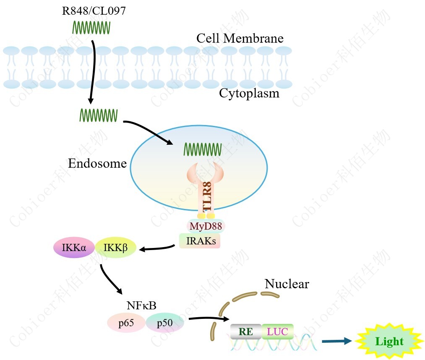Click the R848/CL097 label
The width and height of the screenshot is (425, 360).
[94, 10]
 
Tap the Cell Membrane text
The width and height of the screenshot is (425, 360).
[240, 39]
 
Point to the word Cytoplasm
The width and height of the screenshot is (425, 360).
[249, 93]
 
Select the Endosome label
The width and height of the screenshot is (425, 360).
[97, 163]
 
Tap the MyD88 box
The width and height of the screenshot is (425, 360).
[206, 227]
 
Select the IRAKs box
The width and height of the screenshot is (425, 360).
[200, 241]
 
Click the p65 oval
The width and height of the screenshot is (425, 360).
[126, 323]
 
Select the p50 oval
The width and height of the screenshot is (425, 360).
[165, 323]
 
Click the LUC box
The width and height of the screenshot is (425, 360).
[277, 331]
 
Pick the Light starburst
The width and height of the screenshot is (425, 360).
[389, 341]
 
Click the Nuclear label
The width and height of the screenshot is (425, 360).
[287, 284]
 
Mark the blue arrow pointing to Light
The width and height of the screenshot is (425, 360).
[336, 341]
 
